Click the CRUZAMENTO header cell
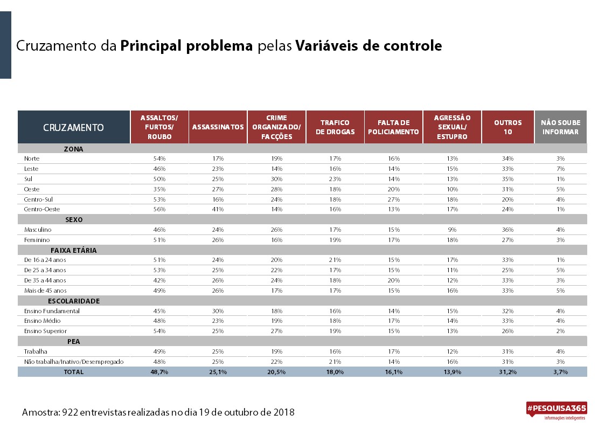pyautogui.click(x=73, y=127)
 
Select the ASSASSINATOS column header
pyautogui.click(x=218, y=127)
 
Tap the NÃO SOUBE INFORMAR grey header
pyautogui.click(x=561, y=127)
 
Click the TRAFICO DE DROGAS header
pyautogui.click(x=335, y=127)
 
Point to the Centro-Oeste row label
pyautogui.click(x=41, y=209)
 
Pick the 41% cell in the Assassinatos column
pyautogui.click(x=218, y=209)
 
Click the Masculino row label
pyautogui.click(x=37, y=230)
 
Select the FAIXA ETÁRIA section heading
pyautogui.click(x=74, y=250)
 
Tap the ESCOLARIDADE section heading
pyautogui.click(x=74, y=301)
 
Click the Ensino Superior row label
pyautogui.click(x=45, y=331)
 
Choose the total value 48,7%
pyautogui.click(x=159, y=372)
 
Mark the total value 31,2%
pyautogui.click(x=508, y=372)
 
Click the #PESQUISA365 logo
pyautogui.click(x=557, y=410)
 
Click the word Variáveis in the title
pyautogui.click(x=326, y=45)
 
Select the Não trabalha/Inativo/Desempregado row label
pyautogui.click(x=74, y=362)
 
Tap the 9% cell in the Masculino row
pyautogui.click(x=452, y=230)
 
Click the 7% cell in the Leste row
pyautogui.click(x=561, y=169)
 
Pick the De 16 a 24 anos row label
pyautogui.click(x=45, y=260)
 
